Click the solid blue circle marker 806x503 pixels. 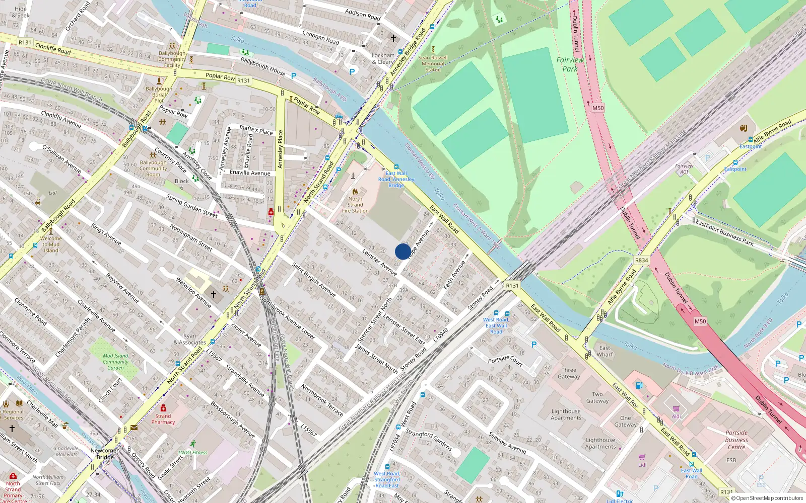tap(403, 251)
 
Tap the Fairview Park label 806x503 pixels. tap(570, 64)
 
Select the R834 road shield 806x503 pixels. tap(641, 260)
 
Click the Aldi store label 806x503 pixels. tap(676, 416)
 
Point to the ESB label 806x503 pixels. tap(731, 460)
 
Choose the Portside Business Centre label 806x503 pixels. tap(736, 440)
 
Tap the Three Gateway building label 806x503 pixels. tap(569, 373)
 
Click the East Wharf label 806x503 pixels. tap(605, 351)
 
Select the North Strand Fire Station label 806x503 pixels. tap(355, 205)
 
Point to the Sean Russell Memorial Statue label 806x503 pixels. tap(433, 63)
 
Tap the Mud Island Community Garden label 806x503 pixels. tap(115, 362)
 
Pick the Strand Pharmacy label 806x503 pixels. tap(163, 419)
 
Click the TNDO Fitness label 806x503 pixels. tap(192, 452)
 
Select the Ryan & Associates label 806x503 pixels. tap(190, 339)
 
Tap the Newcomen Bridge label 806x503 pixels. tap(105, 454)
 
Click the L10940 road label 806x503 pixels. tap(441, 336)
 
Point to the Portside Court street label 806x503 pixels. tap(505, 360)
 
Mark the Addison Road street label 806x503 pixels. tap(363, 15)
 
